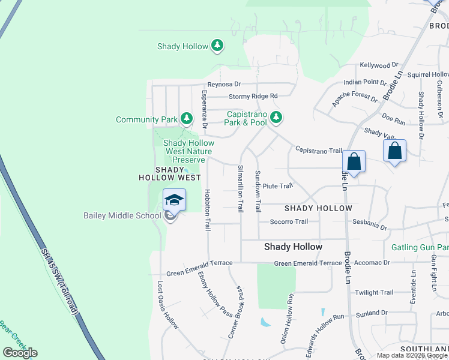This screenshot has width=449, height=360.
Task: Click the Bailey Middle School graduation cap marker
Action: point(174,200)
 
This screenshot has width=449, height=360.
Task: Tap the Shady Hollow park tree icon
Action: point(217,46)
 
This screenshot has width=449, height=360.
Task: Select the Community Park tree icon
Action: point(187,119)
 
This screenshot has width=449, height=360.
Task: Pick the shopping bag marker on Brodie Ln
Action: point(354,161)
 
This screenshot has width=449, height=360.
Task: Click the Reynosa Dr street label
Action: point(224,85)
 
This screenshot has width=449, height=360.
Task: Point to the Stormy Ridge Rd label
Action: point(253,96)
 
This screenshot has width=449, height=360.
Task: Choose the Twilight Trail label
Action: point(374,293)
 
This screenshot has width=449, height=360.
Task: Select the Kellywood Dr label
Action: point(379,65)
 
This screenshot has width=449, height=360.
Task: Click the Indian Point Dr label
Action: point(365,82)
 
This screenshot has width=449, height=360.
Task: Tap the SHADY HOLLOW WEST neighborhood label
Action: point(170,174)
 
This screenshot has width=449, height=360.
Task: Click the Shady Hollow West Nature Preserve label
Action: point(188,152)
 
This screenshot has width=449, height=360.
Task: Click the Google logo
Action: point(20,353)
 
